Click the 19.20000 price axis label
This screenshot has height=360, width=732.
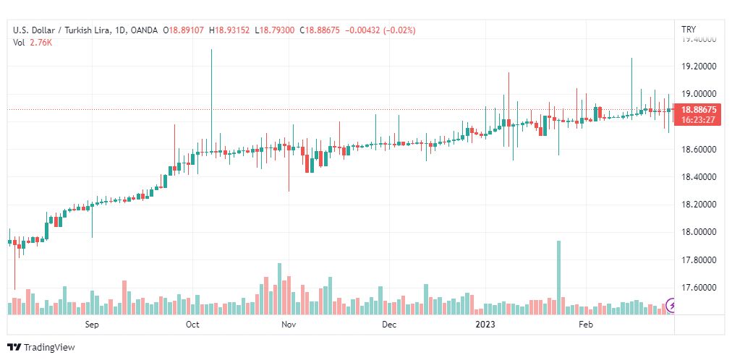tap(698, 67)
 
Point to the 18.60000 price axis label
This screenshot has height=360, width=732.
tap(698, 150)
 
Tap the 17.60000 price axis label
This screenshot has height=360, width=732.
tap(698, 288)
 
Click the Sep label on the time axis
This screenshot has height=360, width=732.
tap(91, 325)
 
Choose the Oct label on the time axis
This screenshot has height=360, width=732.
tap(192, 325)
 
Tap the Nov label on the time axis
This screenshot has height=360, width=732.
tap(289, 325)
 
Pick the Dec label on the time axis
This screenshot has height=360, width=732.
tap(389, 325)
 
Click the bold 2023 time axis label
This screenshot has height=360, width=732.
tap(485, 325)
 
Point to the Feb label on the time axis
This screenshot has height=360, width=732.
tap(586, 325)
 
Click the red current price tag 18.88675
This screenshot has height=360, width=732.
tap(697, 109)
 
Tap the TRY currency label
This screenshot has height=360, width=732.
tap(689, 30)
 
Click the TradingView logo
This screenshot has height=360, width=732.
tap(41, 348)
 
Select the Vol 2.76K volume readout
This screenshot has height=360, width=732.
tap(33, 43)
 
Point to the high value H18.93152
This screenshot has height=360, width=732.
tap(229, 30)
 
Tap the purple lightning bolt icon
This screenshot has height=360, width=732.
tap(673, 307)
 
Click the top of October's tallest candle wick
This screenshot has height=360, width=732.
tap(211, 50)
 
